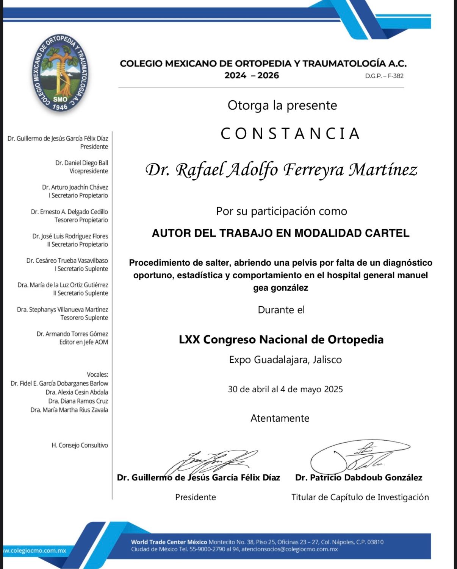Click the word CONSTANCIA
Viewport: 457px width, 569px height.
[290, 134]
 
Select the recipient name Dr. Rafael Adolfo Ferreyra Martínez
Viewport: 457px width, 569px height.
[281, 170]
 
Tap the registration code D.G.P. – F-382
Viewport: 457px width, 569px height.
[384, 76]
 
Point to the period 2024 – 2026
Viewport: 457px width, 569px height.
[252, 75]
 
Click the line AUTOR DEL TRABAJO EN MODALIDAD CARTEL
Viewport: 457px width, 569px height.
[280, 233]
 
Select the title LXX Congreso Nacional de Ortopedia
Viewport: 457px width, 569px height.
[281, 340]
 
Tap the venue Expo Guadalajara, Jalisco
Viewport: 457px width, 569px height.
[285, 360]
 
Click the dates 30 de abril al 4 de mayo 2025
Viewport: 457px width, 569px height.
[285, 389]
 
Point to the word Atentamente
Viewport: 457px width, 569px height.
[280, 418]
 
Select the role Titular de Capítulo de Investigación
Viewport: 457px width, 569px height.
[360, 497]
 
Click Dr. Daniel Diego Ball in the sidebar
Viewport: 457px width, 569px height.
[81, 163]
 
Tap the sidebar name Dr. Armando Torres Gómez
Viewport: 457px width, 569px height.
[72, 334]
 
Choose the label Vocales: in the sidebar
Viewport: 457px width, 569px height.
[97, 375]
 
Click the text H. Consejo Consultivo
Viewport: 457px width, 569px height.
[80, 446]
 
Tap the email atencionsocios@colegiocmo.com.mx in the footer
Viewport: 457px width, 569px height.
[290, 549]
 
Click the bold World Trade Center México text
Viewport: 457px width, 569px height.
[169, 542]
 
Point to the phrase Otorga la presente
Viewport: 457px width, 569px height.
[282, 105]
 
